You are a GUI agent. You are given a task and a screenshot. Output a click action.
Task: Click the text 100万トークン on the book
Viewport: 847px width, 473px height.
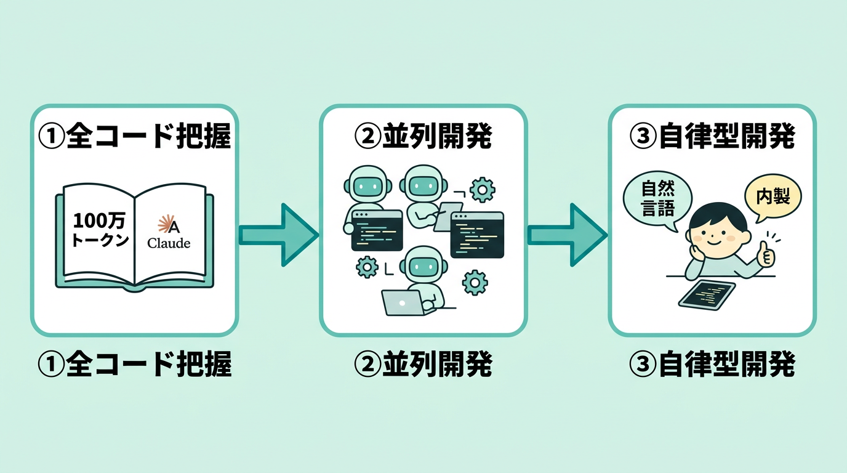pos(101,230)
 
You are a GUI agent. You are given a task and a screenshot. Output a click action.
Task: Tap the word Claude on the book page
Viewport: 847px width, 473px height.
pos(169,243)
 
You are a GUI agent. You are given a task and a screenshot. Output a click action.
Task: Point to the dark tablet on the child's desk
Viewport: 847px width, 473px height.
pos(707,296)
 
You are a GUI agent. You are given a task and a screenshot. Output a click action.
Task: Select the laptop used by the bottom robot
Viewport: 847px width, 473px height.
pos(402,302)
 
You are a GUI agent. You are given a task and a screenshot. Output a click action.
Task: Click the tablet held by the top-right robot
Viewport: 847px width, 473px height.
pos(449,216)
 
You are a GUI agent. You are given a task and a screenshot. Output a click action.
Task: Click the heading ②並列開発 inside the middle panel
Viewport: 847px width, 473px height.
pos(423,137)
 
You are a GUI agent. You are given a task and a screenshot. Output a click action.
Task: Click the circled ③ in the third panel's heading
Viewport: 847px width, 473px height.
pos(643,137)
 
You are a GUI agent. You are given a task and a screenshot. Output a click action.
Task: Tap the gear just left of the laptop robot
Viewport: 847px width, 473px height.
pos(367,267)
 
